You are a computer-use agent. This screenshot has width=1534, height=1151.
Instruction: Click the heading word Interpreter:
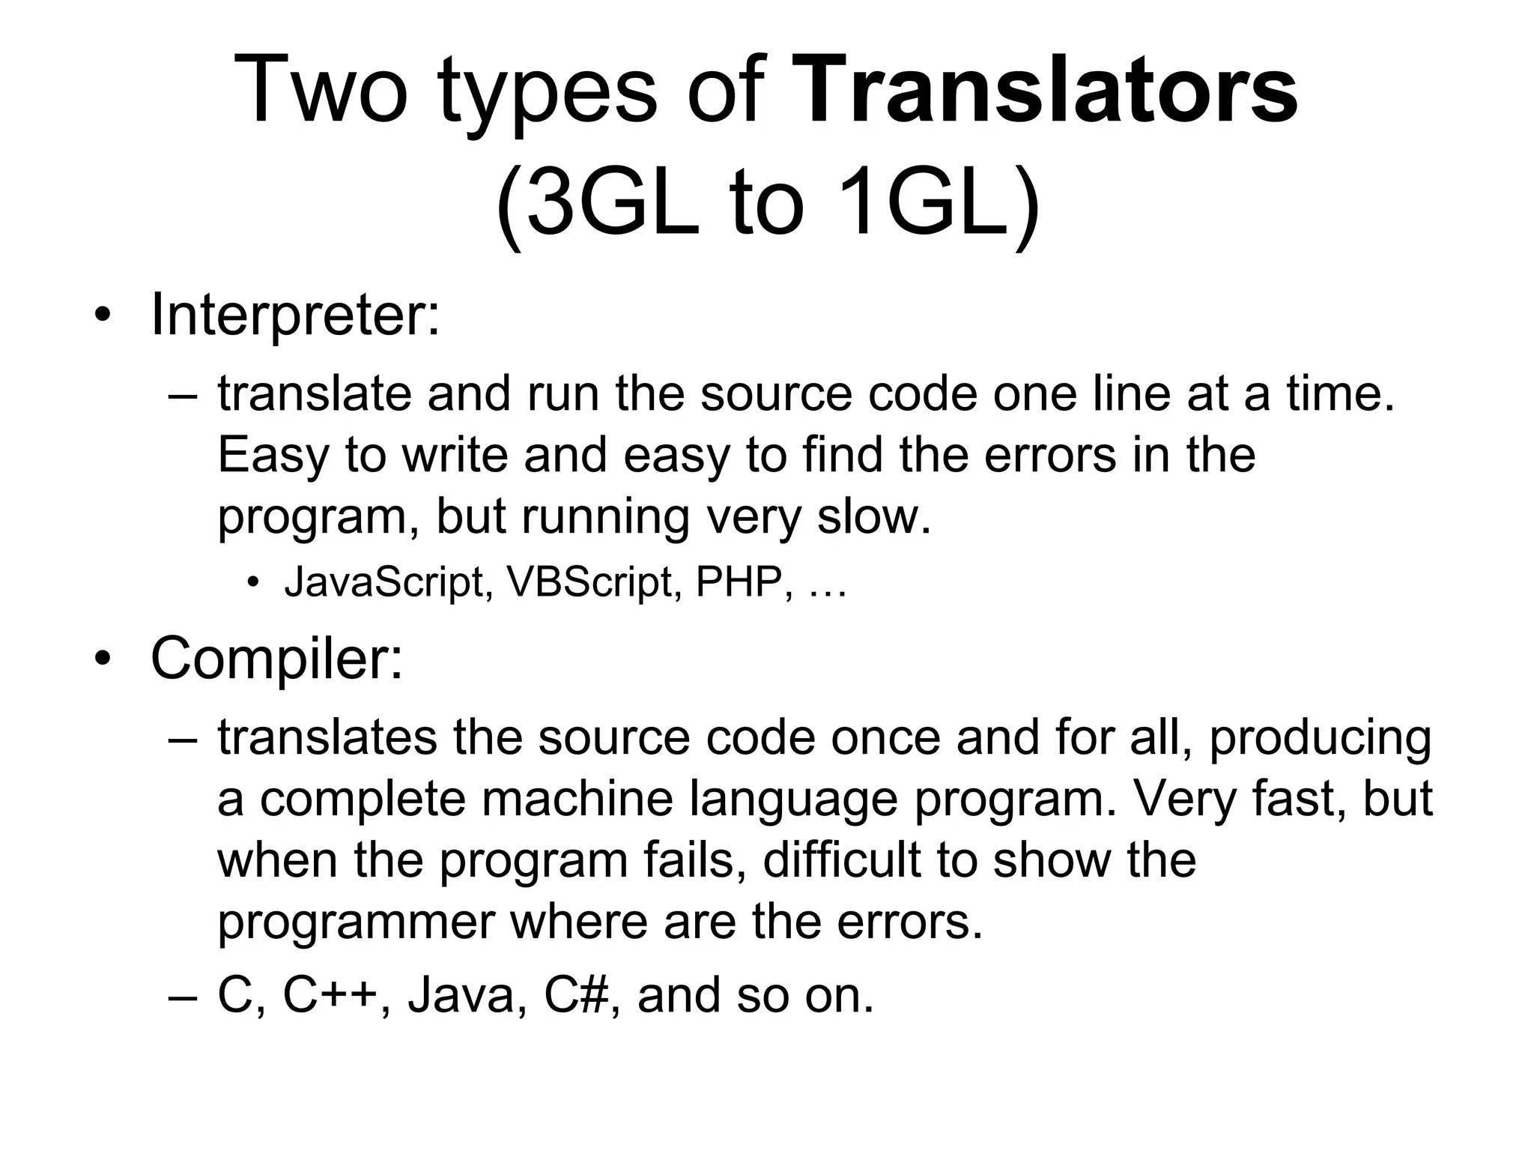(x=295, y=315)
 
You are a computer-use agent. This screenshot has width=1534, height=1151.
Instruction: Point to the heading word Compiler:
(x=276, y=658)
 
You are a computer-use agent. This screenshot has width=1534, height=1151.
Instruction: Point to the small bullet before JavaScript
(x=255, y=583)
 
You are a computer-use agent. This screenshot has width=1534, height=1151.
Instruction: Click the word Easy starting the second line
(x=272, y=456)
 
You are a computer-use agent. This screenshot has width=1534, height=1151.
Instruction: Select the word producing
(x=1320, y=738)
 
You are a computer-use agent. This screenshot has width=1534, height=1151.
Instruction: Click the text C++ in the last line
(x=329, y=995)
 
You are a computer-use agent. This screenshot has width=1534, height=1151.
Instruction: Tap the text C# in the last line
(x=574, y=995)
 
